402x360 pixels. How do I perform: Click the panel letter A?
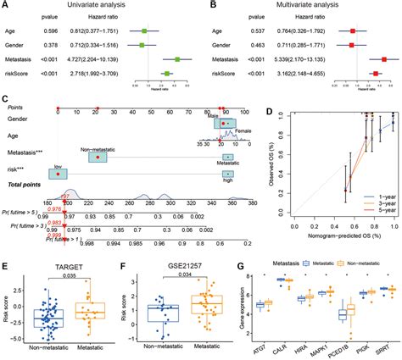pos(5,7)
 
